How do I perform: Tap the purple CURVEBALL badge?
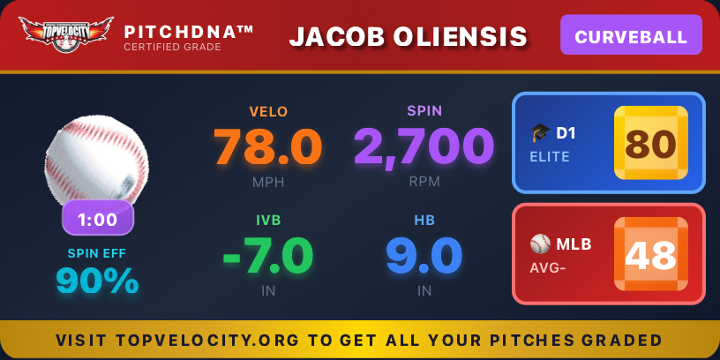pos(631,36)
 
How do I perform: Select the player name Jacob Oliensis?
pos(409,36)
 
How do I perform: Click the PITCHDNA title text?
pos(189,32)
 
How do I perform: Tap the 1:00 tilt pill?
pos(98,218)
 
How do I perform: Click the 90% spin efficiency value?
pos(97,281)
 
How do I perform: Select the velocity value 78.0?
pos(268,146)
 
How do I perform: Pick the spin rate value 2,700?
pos(424,146)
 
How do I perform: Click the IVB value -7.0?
pos(268,256)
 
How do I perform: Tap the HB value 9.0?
pos(424,256)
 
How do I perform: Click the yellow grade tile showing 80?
pos(650,143)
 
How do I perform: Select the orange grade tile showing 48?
pos(650,254)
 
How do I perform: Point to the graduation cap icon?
pos(540,133)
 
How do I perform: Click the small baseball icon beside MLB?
pos(540,244)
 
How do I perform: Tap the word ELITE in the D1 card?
pos(550,157)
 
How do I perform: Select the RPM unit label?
pos(424,182)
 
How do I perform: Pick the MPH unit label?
pos(268,182)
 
